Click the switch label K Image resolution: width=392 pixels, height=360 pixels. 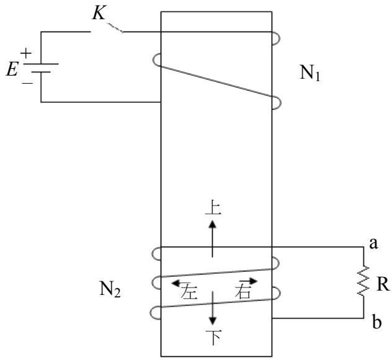(x=99, y=13)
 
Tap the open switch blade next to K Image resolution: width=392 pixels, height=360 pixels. (x=115, y=27)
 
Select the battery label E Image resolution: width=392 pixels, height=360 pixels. (x=12, y=69)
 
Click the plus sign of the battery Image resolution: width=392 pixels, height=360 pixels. (x=26, y=53)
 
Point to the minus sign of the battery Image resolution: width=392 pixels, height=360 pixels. (x=27, y=82)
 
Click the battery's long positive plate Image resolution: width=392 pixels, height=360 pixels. (x=42, y=64)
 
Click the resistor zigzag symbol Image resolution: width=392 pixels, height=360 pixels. (x=363, y=281)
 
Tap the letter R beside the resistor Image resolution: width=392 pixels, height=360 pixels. (x=383, y=284)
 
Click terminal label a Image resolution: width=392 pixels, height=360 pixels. (x=373, y=244)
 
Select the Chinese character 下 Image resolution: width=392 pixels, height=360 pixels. (x=213, y=337)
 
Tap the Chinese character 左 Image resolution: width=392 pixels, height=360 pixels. (x=189, y=291)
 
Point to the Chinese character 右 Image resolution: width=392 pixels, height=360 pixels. (x=243, y=291)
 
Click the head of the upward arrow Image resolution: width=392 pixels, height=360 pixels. (x=213, y=224)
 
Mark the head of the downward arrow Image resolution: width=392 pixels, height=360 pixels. (x=213, y=320)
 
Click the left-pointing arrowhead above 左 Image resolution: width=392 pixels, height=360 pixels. (x=175, y=283)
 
